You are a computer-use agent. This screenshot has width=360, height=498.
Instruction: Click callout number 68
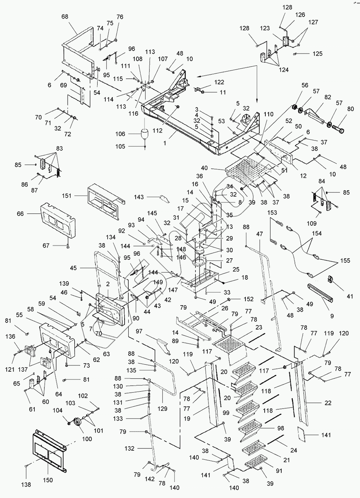(x=65, y=17)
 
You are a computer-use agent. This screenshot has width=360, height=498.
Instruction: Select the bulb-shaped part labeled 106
(x=145, y=134)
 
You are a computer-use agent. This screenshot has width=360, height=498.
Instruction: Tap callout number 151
(x=67, y=196)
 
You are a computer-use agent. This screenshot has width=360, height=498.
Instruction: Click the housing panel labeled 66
(x=58, y=222)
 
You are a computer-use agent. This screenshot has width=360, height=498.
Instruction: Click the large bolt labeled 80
(x=338, y=129)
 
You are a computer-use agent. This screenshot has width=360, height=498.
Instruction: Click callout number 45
(x=73, y=268)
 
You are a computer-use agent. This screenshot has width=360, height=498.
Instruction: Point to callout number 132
(x=129, y=448)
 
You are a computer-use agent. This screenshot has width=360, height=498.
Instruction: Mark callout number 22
(x=328, y=403)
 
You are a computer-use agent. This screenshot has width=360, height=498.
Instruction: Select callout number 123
(x=265, y=28)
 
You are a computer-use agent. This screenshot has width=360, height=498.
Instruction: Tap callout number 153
(x=272, y=213)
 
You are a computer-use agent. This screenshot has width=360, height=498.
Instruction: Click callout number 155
(x=345, y=260)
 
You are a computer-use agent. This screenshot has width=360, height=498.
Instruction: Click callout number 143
(x=139, y=197)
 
